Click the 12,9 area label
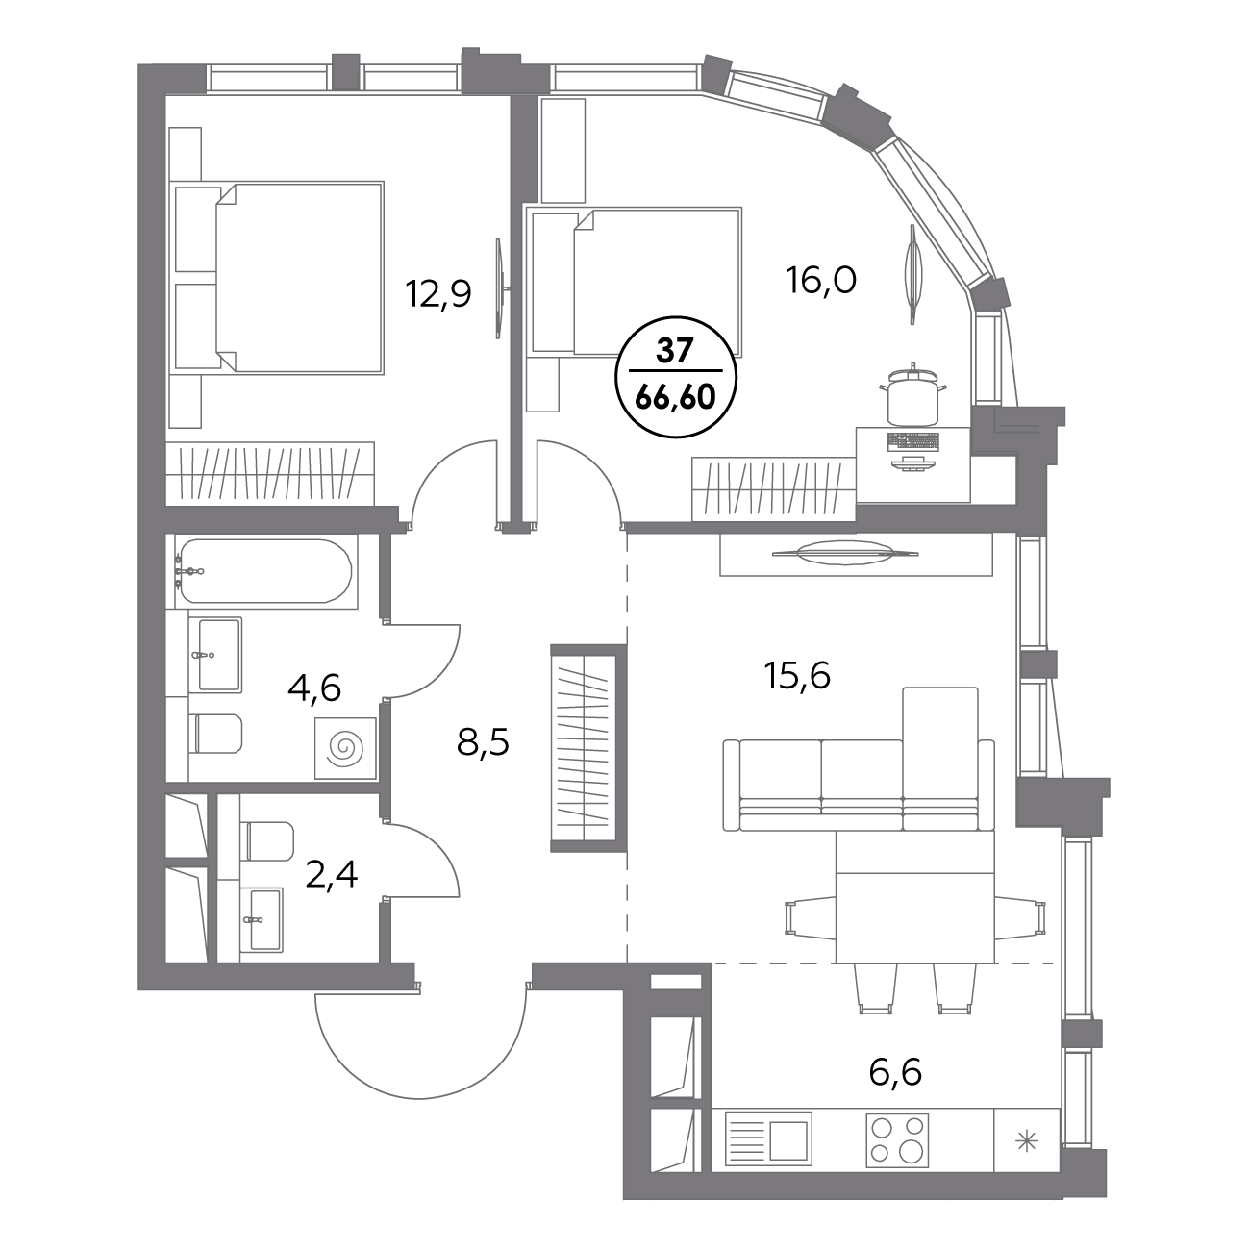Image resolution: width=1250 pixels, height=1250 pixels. point(438,294)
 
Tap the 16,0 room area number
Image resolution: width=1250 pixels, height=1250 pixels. point(821,282)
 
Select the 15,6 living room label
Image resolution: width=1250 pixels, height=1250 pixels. point(797,676)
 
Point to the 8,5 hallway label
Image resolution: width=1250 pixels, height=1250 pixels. point(484,743)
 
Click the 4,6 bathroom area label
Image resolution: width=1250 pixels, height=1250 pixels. point(314,688)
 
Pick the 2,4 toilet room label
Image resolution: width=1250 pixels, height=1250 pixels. point(331,874)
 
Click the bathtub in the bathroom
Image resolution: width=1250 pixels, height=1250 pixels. point(266,571)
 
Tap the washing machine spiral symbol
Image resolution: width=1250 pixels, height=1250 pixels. point(345,748)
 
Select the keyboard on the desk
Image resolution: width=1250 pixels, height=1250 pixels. point(913,442)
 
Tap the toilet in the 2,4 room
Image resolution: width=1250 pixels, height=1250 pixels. point(268,841)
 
